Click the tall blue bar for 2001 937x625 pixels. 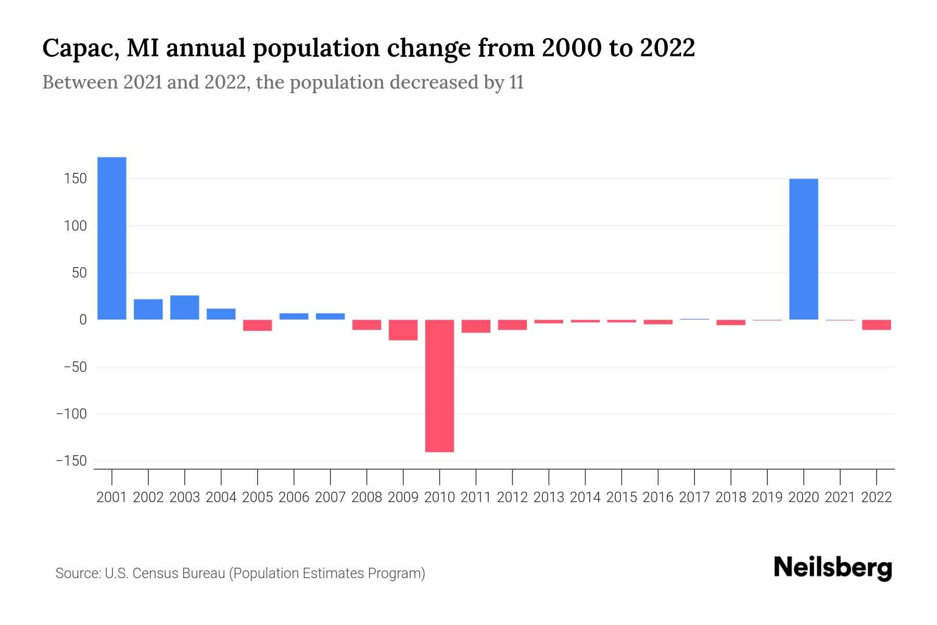point(112,238)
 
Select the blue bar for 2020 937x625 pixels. point(804,249)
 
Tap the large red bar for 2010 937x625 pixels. point(439,385)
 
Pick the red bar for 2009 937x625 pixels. point(403,330)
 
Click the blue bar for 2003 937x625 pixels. point(185,307)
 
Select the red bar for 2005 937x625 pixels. point(258,325)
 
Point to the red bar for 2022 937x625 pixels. point(877,324)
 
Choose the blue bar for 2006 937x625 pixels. point(294,316)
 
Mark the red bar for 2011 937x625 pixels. point(476,326)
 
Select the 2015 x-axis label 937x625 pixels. point(622,497)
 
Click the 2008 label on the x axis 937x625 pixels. point(367,497)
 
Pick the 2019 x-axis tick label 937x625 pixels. point(767,497)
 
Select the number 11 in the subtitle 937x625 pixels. point(516,82)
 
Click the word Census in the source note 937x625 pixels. point(155,573)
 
